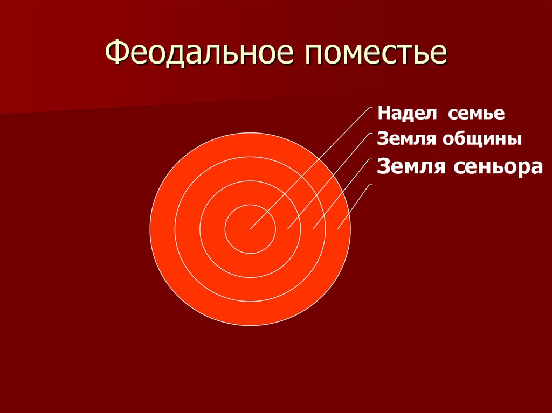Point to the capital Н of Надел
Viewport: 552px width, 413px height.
pos(383,114)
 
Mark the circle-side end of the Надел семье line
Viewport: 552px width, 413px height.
pos(251,229)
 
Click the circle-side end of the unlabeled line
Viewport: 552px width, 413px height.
pos(338,229)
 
